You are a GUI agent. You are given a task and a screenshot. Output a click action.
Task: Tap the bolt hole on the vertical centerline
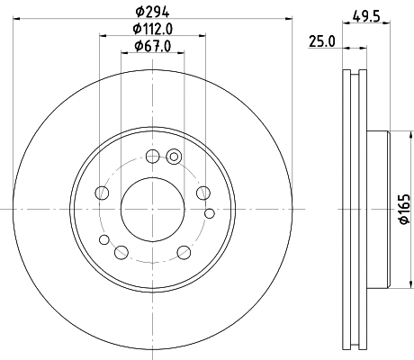(x=152, y=156)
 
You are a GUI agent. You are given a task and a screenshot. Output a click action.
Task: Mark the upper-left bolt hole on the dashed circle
(x=103, y=193)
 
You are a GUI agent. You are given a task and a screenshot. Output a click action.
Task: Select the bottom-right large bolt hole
(x=183, y=252)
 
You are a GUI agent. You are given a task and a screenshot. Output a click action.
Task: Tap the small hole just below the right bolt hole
(x=210, y=213)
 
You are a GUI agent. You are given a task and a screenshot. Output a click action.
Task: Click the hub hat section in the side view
(x=378, y=210)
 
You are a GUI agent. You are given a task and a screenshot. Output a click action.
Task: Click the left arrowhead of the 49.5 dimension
(x=346, y=23)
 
